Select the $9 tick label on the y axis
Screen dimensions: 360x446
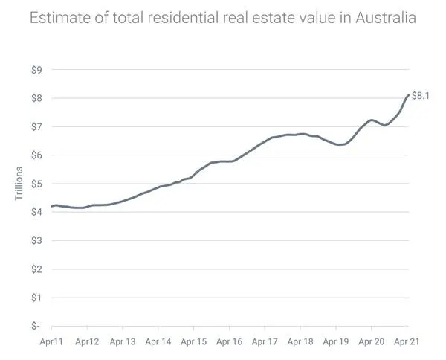click(35, 70)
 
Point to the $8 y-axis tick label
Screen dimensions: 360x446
click(35, 98)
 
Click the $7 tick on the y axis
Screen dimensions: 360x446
click(35, 126)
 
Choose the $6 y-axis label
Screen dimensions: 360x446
click(35, 155)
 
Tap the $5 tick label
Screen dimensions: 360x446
click(35, 184)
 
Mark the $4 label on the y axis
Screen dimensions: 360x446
click(35, 212)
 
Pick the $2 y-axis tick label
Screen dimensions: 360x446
click(35, 269)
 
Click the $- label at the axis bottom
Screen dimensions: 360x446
click(35, 326)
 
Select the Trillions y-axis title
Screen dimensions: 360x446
click(21, 184)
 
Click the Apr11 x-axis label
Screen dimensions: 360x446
click(52, 342)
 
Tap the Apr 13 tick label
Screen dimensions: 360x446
click(123, 342)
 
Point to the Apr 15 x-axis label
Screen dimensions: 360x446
click(193, 342)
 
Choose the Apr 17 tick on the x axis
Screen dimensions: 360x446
click(265, 342)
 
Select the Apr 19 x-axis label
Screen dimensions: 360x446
click(336, 342)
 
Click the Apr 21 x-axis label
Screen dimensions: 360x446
click(407, 342)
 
